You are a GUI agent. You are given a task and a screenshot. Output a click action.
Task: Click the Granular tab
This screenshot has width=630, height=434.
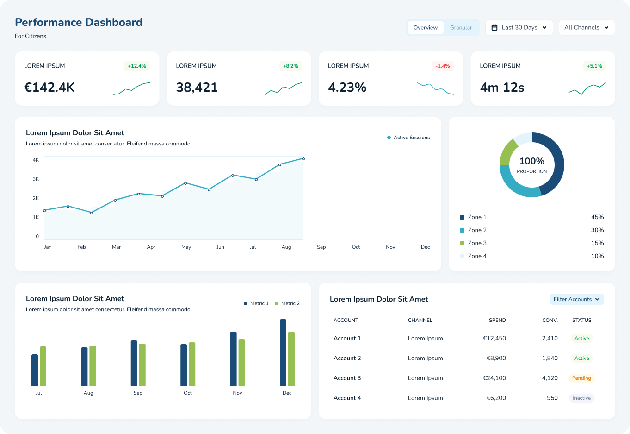click(461, 28)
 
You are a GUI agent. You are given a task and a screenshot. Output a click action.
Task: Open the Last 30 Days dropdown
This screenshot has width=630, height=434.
click(519, 28)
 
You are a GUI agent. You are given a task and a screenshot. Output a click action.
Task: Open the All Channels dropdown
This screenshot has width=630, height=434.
click(587, 28)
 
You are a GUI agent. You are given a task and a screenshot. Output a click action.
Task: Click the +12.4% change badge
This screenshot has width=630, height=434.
click(137, 66)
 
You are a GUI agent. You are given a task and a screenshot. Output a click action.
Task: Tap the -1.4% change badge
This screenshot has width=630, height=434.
click(442, 66)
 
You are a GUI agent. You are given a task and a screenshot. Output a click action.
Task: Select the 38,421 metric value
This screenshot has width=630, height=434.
click(197, 87)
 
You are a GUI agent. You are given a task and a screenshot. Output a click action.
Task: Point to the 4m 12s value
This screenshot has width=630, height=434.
click(502, 87)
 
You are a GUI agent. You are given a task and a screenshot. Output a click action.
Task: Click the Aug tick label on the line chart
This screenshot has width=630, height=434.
click(286, 247)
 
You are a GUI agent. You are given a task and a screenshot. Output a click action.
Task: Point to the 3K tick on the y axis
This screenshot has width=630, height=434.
click(36, 179)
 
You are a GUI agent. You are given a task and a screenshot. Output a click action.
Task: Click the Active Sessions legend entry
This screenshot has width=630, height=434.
click(408, 138)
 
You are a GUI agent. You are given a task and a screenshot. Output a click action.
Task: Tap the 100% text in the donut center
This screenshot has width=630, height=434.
click(531, 161)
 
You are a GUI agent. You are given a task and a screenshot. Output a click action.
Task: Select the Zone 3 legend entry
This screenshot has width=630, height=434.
click(473, 243)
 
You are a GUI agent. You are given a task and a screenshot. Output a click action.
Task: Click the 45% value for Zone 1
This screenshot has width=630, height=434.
click(597, 217)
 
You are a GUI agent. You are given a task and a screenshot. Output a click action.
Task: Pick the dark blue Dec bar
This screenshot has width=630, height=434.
click(283, 352)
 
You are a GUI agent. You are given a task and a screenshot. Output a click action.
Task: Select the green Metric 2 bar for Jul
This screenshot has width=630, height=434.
click(43, 366)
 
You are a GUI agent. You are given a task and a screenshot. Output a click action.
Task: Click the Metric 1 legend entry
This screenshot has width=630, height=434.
click(256, 303)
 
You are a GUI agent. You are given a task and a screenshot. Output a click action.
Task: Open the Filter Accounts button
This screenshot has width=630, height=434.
click(576, 299)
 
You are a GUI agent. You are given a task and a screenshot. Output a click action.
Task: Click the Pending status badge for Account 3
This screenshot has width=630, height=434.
click(581, 378)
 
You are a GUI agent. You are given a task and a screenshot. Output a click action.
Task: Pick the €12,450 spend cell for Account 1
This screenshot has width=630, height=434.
click(494, 338)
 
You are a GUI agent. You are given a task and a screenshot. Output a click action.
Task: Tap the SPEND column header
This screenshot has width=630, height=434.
click(497, 320)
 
